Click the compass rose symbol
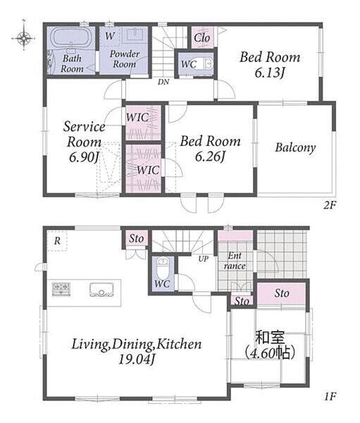click(24, 38)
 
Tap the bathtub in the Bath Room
click(71, 37)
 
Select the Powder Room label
click(124, 59)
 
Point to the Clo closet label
click(201, 37)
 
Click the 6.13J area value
click(270, 73)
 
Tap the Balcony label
click(295, 148)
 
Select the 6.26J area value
click(210, 157)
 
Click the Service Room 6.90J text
click(84, 142)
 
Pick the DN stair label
click(163, 82)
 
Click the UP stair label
click(204, 259)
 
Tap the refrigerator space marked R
click(57, 241)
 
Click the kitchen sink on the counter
click(101, 290)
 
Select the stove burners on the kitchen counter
click(61, 289)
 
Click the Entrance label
click(235, 261)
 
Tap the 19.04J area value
click(137, 360)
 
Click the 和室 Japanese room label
click(270, 337)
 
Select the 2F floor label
click(330, 206)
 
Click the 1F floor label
click(330, 396)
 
